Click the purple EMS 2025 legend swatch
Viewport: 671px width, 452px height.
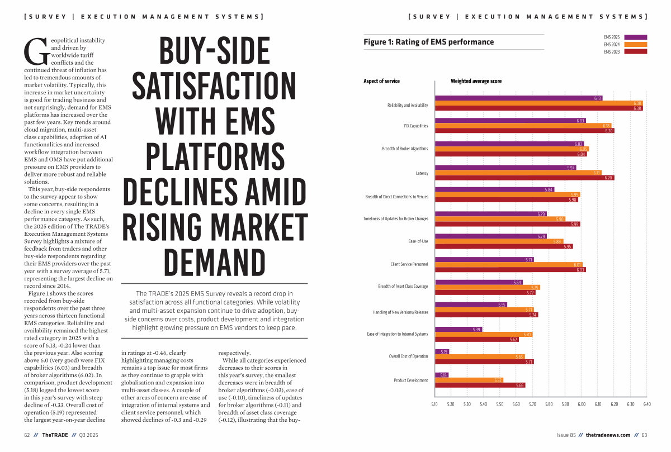click(635, 37)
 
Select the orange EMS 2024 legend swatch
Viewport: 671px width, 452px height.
click(635, 44)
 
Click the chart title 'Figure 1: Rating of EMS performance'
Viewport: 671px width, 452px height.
click(429, 42)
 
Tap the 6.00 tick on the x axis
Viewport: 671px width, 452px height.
click(582, 403)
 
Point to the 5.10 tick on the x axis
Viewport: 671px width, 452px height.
click(434, 403)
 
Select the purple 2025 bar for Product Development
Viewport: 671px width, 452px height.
click(441, 375)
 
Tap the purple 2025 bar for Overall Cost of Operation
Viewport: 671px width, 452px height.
click(442, 351)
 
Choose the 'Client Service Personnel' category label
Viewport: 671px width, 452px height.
click(409, 264)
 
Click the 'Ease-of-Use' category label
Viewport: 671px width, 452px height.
click(418, 241)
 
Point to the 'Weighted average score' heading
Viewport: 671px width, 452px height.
click(476, 81)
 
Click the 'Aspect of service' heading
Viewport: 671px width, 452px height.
click(381, 81)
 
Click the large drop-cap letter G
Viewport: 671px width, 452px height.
click(33, 51)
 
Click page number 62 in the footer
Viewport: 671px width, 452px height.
click(27, 435)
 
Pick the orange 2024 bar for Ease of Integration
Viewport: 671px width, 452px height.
click(483, 334)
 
